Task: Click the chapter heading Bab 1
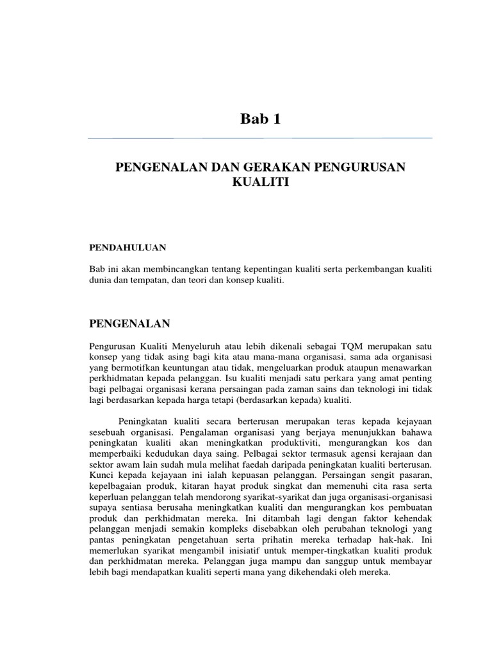pos(260,119)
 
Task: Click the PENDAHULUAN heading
pos(127,246)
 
